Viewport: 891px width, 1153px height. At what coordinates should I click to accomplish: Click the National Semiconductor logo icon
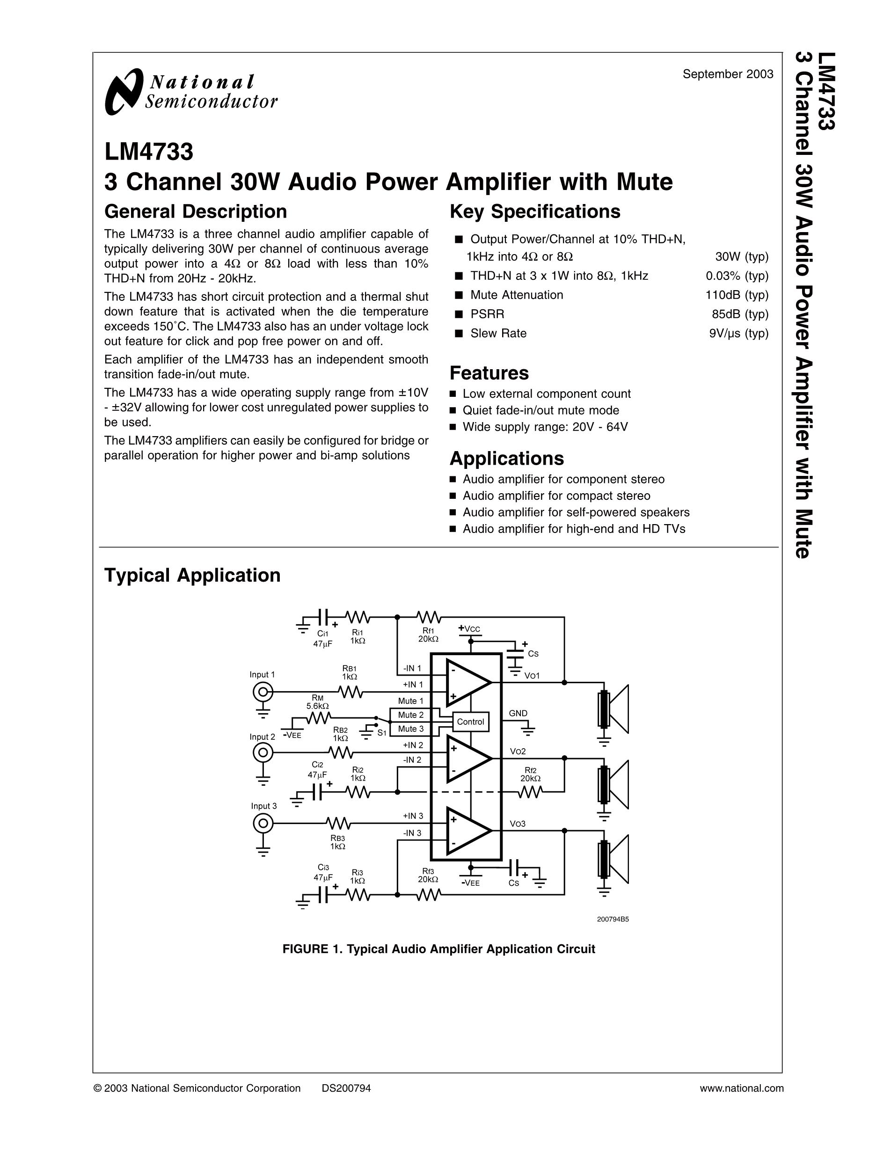[124, 91]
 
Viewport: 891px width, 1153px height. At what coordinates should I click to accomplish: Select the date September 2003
[728, 74]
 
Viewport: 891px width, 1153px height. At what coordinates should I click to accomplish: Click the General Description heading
[195, 211]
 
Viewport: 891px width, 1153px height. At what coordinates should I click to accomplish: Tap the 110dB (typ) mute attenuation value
[737, 295]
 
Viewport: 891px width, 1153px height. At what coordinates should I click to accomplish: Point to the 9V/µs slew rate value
[738, 333]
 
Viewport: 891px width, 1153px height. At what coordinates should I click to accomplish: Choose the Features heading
[489, 373]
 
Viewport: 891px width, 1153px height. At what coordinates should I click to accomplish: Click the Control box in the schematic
[470, 722]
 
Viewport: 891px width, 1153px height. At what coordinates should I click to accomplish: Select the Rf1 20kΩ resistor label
[428, 635]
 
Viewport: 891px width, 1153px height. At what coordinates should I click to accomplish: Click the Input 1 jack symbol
[263, 691]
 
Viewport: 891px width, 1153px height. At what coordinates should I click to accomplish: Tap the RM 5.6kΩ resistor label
[317, 701]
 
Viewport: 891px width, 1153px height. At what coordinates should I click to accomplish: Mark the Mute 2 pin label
[411, 715]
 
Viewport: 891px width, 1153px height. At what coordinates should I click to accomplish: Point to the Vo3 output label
[517, 824]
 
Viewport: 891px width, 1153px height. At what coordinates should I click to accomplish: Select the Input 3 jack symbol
[263, 823]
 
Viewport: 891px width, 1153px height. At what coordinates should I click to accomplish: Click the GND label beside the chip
[518, 713]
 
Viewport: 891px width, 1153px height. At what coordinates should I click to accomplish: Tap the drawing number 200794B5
[613, 919]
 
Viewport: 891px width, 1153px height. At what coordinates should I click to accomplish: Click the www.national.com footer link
[742, 1088]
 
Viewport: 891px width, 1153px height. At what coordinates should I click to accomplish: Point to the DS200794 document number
[346, 1088]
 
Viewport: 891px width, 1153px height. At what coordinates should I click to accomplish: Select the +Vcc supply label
[469, 629]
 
